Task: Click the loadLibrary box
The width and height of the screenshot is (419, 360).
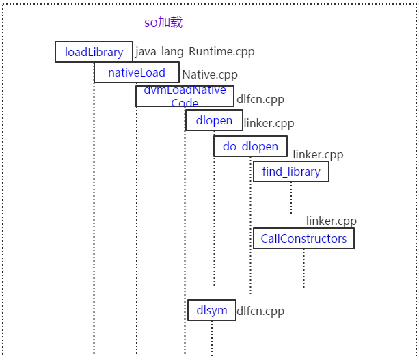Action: pos(94,53)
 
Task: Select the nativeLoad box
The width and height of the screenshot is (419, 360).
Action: pos(137,72)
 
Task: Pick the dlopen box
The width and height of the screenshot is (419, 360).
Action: pos(214,121)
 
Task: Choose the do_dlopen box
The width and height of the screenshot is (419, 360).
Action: pos(250,147)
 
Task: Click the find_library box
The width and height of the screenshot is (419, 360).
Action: pos(290,171)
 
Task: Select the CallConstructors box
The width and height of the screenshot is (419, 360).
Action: pos(303,238)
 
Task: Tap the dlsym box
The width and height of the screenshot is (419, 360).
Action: pos(211,310)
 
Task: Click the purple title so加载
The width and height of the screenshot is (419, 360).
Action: pos(163,23)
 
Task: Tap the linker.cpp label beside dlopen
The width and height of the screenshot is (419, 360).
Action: pos(268,123)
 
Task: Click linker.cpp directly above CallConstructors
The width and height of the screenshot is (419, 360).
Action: pos(331,221)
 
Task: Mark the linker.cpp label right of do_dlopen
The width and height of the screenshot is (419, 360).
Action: pos(318,155)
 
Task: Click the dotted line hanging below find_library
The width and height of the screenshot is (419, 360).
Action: pos(291,198)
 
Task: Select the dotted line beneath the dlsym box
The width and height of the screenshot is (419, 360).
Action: pos(211,338)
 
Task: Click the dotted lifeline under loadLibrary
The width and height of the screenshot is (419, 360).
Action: pos(94,205)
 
